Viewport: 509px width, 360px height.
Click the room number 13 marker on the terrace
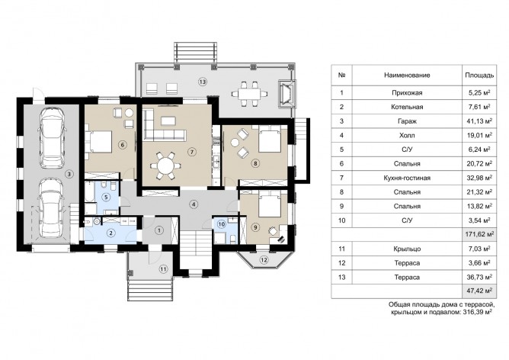pos(202,80)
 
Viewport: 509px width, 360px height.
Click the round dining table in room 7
pos(165,164)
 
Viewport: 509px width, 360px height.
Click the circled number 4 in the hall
pos(194,204)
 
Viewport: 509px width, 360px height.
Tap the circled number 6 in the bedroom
pos(121,145)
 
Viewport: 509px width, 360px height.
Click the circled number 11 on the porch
pos(162,268)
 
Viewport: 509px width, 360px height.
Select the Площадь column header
pos(476,76)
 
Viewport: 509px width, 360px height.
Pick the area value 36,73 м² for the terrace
pos(476,276)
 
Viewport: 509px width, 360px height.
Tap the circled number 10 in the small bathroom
pos(221,223)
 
